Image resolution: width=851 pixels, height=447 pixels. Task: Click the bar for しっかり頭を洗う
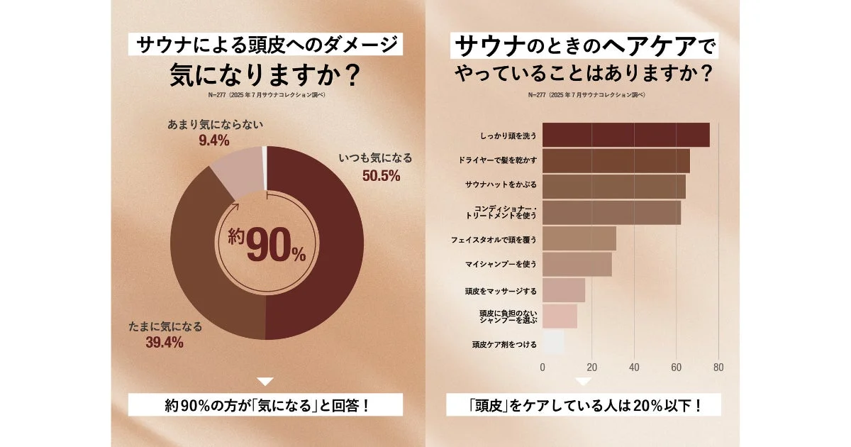[626, 135]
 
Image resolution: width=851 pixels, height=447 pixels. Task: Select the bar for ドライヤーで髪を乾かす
[616, 161]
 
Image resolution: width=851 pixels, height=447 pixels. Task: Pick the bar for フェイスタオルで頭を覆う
[579, 239]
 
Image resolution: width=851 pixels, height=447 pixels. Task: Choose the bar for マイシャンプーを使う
[577, 265]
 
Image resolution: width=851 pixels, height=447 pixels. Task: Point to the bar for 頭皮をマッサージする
[564, 291]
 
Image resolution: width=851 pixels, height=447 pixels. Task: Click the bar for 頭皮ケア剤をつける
[554, 343]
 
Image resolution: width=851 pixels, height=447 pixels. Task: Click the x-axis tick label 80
[718, 368]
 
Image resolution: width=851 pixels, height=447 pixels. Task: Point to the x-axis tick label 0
[543, 368]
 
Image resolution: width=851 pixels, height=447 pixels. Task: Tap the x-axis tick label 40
[634, 368]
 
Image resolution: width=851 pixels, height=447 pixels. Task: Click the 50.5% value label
[382, 175]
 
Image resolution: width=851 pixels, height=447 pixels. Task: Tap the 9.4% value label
[213, 140]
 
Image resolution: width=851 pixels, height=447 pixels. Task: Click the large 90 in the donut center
[268, 247]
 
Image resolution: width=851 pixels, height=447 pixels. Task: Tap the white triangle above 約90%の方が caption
[265, 382]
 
